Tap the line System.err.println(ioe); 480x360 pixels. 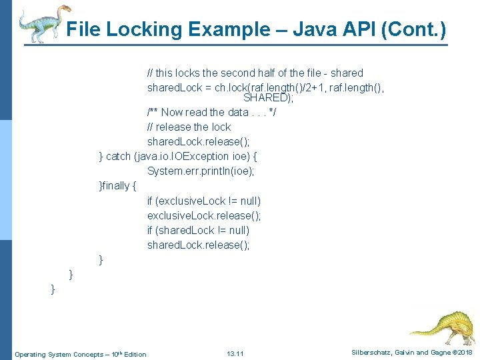(x=201, y=171)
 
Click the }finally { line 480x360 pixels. (x=117, y=185)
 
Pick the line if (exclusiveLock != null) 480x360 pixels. (x=204, y=201)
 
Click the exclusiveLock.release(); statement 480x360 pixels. (x=204, y=215)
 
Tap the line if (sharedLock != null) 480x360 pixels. (x=199, y=230)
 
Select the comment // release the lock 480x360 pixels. (x=189, y=127)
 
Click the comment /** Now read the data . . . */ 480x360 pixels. (x=211, y=112)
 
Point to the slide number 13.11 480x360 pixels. (x=235, y=353)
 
